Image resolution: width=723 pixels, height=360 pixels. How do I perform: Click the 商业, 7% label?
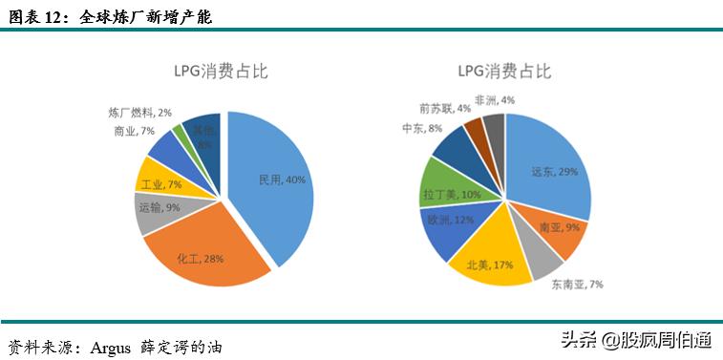click(134, 130)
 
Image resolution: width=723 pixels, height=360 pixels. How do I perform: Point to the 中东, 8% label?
click(422, 128)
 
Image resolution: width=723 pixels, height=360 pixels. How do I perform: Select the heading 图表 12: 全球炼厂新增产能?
click(111, 17)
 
